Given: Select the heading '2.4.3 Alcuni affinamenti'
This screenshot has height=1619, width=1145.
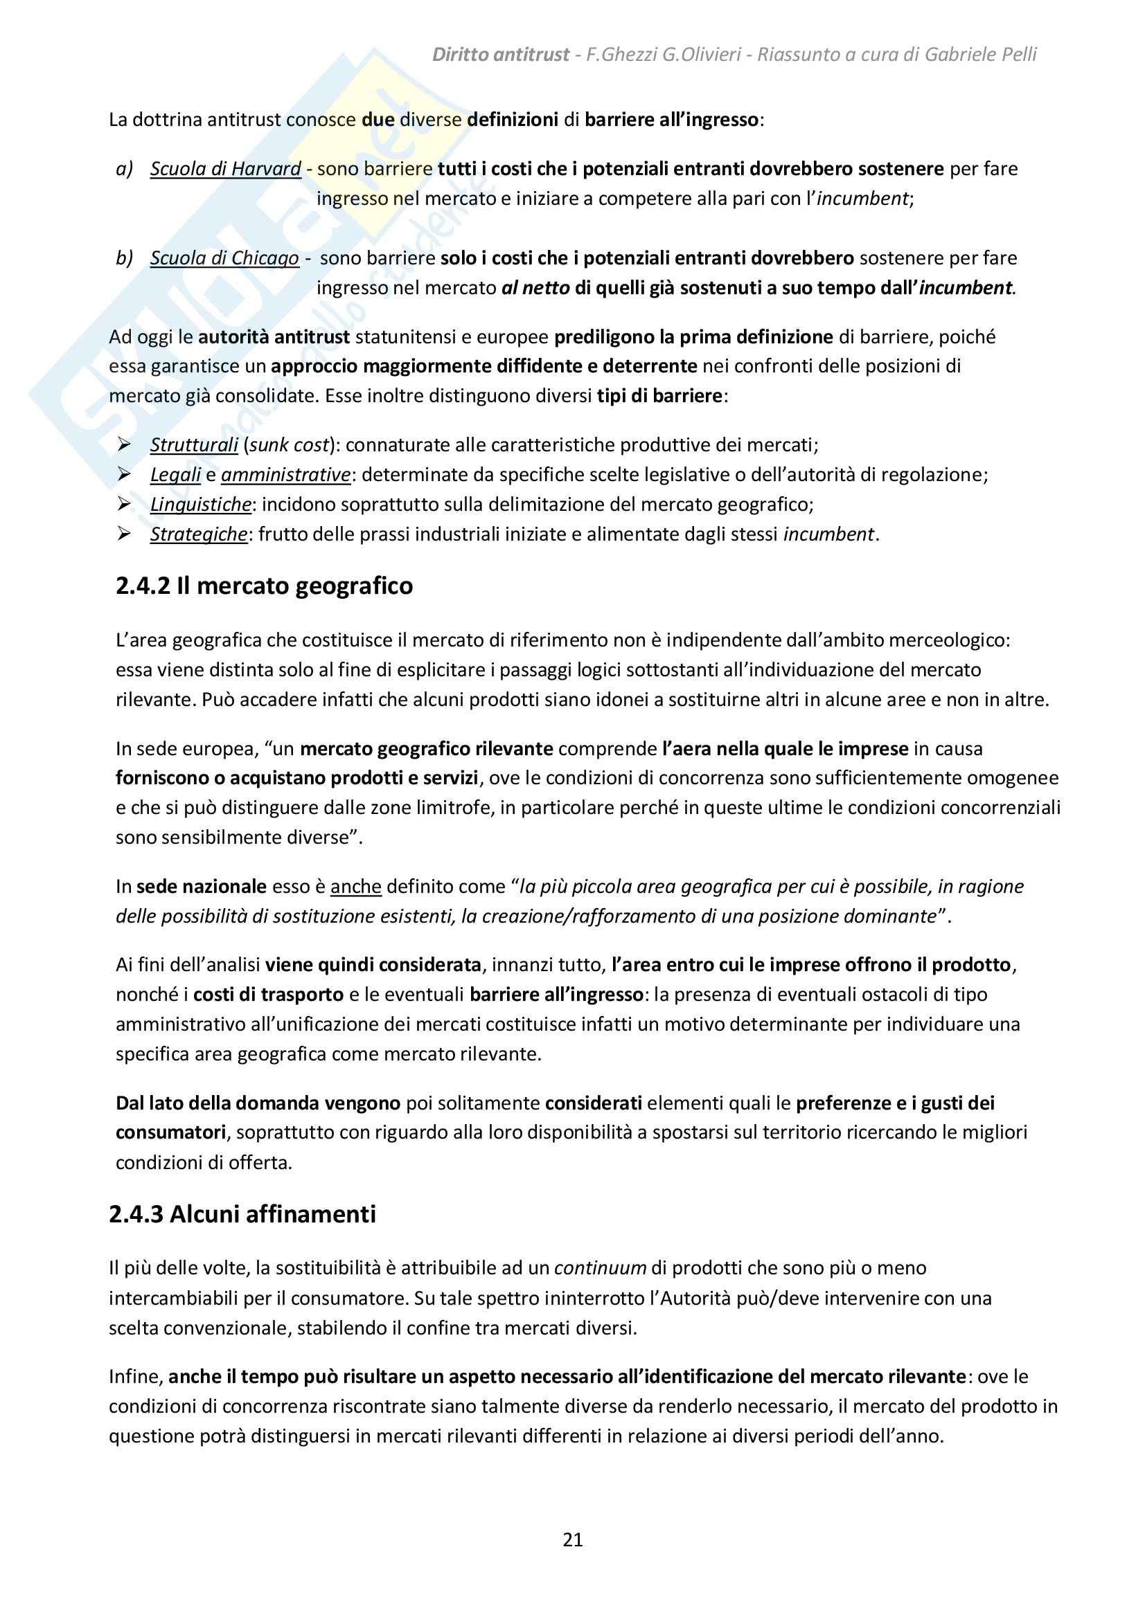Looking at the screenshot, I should pos(242,1213).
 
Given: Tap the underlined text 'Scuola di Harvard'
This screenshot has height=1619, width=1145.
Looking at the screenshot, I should pos(225,168).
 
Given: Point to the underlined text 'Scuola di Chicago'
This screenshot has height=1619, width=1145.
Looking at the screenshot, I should pos(224,258).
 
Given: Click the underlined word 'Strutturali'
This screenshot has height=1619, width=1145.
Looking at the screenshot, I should pos(193,445).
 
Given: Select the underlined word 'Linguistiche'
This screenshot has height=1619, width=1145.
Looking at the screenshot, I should pos(200,504).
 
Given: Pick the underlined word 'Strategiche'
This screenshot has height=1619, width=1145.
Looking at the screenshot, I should pos(198,534).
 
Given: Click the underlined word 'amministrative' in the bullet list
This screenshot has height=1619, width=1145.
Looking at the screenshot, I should pos(285,475).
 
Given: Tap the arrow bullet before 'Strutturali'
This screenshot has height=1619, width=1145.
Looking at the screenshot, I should pos(125,445).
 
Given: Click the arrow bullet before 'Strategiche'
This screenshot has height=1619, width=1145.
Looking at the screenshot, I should pos(125,534).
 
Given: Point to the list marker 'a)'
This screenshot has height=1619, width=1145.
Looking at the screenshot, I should pos(124,168).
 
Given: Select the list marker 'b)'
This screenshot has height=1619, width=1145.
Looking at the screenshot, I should pos(124,258).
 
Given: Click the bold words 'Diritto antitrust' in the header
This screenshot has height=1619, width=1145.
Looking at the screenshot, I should pos(500,54).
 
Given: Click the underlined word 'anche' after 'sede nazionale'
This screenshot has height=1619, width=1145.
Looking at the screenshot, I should pos(355,887).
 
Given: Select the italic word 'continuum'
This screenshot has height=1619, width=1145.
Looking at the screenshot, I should pos(600,1268).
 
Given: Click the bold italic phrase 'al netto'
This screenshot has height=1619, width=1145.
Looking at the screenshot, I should pos(535,288).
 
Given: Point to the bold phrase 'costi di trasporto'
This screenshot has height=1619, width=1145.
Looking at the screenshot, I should pos(268,994).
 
